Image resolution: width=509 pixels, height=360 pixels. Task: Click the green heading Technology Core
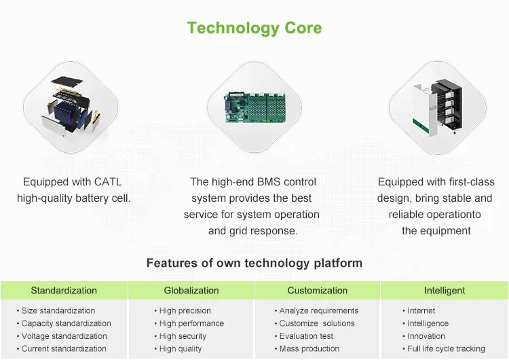coord(254,28)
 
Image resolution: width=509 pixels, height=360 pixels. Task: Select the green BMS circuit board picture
coord(254,106)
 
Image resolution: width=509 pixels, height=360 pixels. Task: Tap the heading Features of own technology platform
coord(254,263)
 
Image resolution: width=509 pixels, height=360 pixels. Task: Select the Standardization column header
coord(64,291)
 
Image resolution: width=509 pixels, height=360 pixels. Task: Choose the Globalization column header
coord(191,291)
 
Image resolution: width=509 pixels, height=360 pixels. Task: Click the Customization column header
coord(318,291)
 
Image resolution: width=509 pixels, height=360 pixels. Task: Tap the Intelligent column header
coord(445,291)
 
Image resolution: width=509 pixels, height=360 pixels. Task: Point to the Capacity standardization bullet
coord(66,323)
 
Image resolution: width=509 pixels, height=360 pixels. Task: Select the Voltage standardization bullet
coord(64,336)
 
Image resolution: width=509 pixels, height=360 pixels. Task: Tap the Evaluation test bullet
coord(307,336)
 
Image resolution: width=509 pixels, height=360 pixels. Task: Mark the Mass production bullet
coord(309,349)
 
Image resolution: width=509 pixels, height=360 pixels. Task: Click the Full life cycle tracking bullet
coord(446,349)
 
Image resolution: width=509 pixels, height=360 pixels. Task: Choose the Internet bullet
coord(421,311)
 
